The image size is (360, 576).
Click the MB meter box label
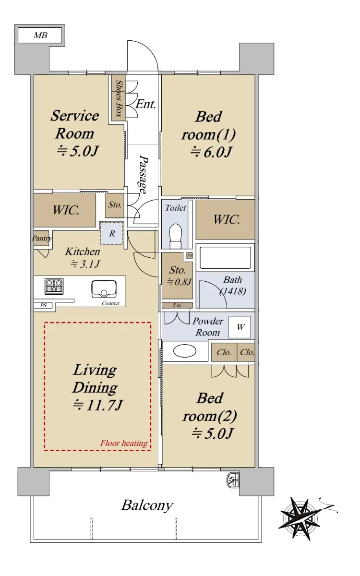click(40, 35)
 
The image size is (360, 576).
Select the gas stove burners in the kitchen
click(54, 286)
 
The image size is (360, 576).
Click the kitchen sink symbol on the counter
click(104, 289)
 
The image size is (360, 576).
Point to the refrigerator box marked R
click(112, 233)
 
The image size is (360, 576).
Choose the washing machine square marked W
click(240, 327)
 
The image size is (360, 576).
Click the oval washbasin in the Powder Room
click(185, 351)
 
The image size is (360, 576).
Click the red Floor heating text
click(124, 443)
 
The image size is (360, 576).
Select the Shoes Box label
click(119, 98)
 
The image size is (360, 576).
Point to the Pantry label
click(42, 238)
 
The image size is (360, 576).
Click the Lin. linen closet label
click(177, 305)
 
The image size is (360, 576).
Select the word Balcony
click(147, 505)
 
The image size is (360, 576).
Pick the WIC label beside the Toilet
click(227, 219)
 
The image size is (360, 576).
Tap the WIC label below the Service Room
click(66, 210)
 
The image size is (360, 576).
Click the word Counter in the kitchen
click(111, 303)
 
